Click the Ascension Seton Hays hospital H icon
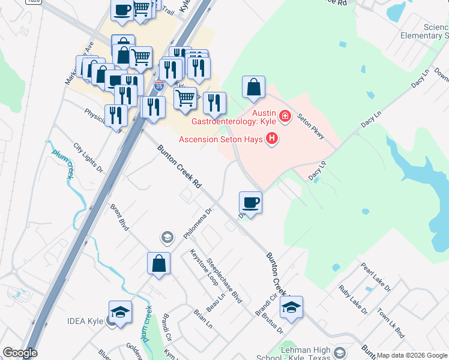[x=273, y=139]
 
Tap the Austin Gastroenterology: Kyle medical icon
[x=285, y=116]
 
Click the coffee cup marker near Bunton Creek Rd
[x=250, y=203]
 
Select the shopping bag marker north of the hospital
[x=254, y=87]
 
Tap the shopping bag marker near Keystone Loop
[x=159, y=263]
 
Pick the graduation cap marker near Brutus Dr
[x=291, y=308]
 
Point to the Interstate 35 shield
[x=158, y=86]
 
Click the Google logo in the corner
[x=20, y=353]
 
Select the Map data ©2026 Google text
[x=412, y=355]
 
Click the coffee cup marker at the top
[x=122, y=11]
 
